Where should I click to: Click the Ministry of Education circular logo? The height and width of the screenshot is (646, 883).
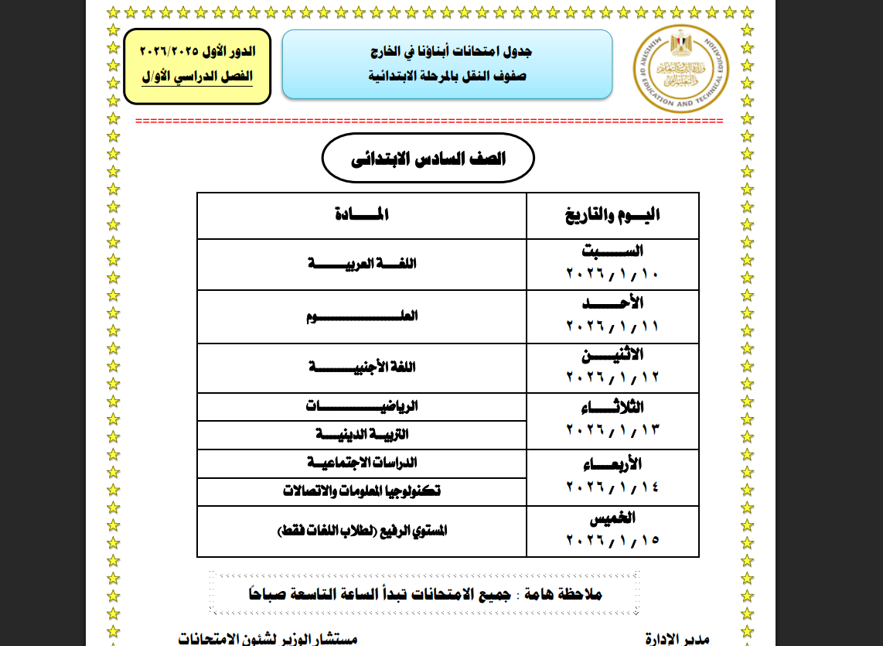680,68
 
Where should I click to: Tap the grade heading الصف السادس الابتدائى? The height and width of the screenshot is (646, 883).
428,159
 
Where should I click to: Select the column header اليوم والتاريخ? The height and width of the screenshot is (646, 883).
613,216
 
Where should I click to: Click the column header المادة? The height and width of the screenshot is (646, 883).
362,216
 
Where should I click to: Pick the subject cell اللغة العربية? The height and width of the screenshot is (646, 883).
362,264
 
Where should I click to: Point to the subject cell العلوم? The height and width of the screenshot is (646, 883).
362,316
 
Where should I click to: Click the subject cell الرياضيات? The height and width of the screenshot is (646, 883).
362,406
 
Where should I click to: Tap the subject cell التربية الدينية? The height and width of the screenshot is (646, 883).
362,435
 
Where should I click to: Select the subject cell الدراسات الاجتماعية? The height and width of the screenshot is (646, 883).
362,463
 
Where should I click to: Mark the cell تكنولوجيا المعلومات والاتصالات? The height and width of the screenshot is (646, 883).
362,491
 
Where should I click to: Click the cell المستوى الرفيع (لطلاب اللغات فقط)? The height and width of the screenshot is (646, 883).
362,531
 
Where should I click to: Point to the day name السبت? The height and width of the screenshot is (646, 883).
612,251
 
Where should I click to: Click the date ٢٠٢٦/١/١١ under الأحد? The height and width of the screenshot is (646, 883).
612,326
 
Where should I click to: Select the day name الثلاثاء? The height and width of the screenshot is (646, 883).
612,408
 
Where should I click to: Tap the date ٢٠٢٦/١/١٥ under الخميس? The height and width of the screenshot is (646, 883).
612,539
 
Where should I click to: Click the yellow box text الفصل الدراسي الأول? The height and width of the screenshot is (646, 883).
197,77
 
